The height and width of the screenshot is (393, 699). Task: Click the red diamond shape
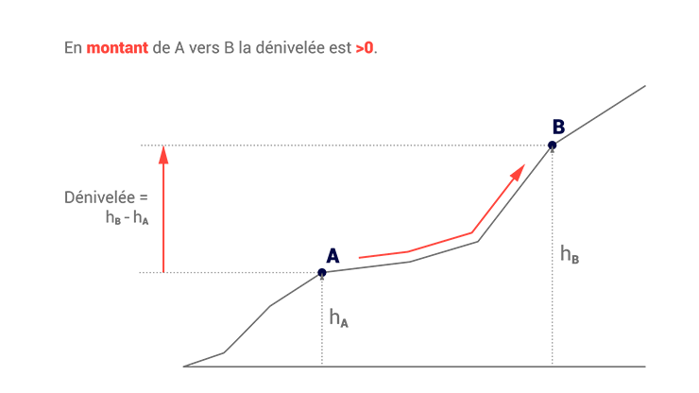(184, 209)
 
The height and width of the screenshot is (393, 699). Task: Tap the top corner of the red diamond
(164, 149)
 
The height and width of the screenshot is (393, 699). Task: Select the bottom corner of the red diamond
(163, 269)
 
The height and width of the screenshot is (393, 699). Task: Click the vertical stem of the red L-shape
(364, 72)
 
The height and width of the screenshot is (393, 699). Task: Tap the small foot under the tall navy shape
(554, 145)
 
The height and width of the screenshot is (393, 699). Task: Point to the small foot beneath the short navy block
(322, 270)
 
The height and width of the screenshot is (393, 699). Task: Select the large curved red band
(425, 222)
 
